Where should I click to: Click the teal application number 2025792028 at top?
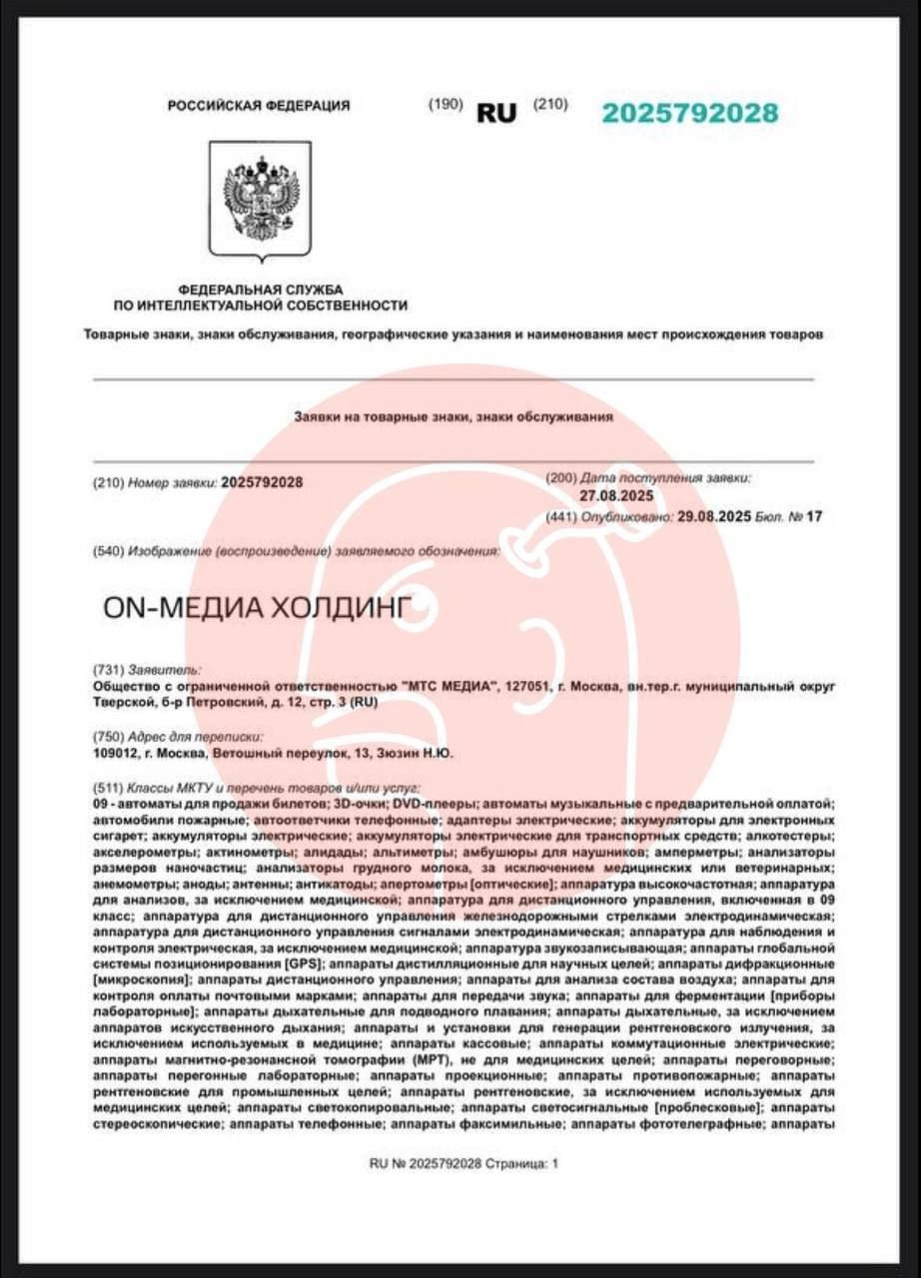point(689,113)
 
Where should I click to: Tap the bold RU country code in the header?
point(496,114)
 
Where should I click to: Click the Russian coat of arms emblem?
point(261,199)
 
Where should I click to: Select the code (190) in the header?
point(445,104)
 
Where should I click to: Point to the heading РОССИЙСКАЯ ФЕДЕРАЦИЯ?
point(259,106)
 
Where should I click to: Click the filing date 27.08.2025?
point(615,496)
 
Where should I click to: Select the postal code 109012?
point(112,754)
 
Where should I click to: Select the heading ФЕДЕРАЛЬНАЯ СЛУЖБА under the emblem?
point(260,289)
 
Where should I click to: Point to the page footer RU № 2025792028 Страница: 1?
point(463,1163)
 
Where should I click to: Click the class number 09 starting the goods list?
point(99,804)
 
